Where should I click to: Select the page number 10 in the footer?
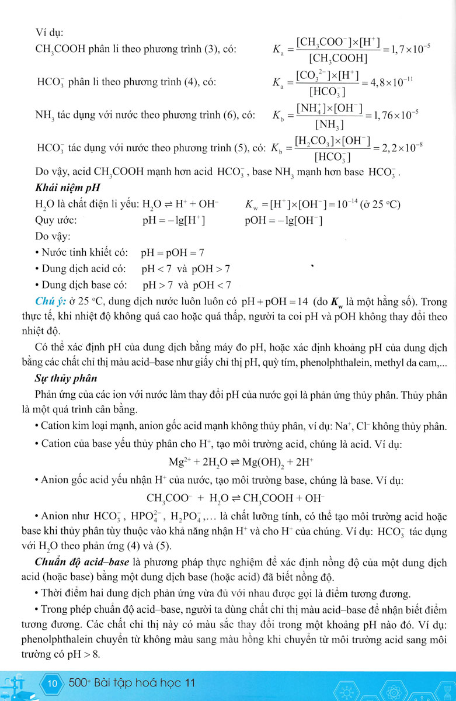coord(53,683)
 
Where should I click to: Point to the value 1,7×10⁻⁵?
coord(406,50)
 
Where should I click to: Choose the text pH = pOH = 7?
coord(172,253)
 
